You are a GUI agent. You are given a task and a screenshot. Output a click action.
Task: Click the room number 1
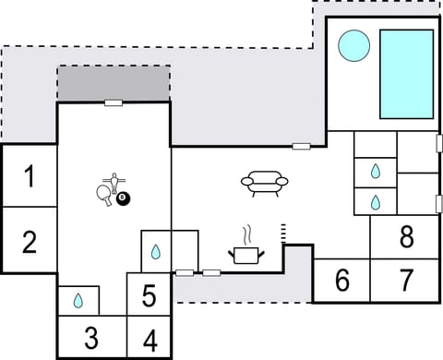pyautogui.click(x=30, y=175)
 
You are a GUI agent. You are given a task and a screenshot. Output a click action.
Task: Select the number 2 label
pyautogui.click(x=30, y=242)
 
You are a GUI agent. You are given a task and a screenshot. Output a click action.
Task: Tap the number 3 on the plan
pyautogui.click(x=90, y=338)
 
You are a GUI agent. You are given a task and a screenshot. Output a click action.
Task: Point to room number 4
pyautogui.click(x=150, y=340)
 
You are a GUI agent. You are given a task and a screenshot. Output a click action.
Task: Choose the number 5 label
pyautogui.click(x=150, y=296)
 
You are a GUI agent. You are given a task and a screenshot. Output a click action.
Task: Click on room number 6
pyautogui.click(x=342, y=280)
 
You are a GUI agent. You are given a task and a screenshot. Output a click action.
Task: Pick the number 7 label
pyautogui.click(x=406, y=280)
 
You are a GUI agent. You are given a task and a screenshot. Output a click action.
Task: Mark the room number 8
pyautogui.click(x=406, y=237)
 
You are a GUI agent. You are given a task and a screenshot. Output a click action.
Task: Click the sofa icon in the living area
pyautogui.click(x=265, y=182)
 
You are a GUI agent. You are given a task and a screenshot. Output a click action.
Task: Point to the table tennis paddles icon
pyautogui.click(x=106, y=189)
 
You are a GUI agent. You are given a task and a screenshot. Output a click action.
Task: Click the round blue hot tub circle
pyautogui.click(x=353, y=45)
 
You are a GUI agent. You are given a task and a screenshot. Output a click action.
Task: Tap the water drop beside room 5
pyautogui.click(x=157, y=251)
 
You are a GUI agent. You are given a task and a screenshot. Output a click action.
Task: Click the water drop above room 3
pyautogui.click(x=78, y=300)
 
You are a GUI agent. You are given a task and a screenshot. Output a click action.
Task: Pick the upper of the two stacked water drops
pyautogui.click(x=376, y=171)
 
